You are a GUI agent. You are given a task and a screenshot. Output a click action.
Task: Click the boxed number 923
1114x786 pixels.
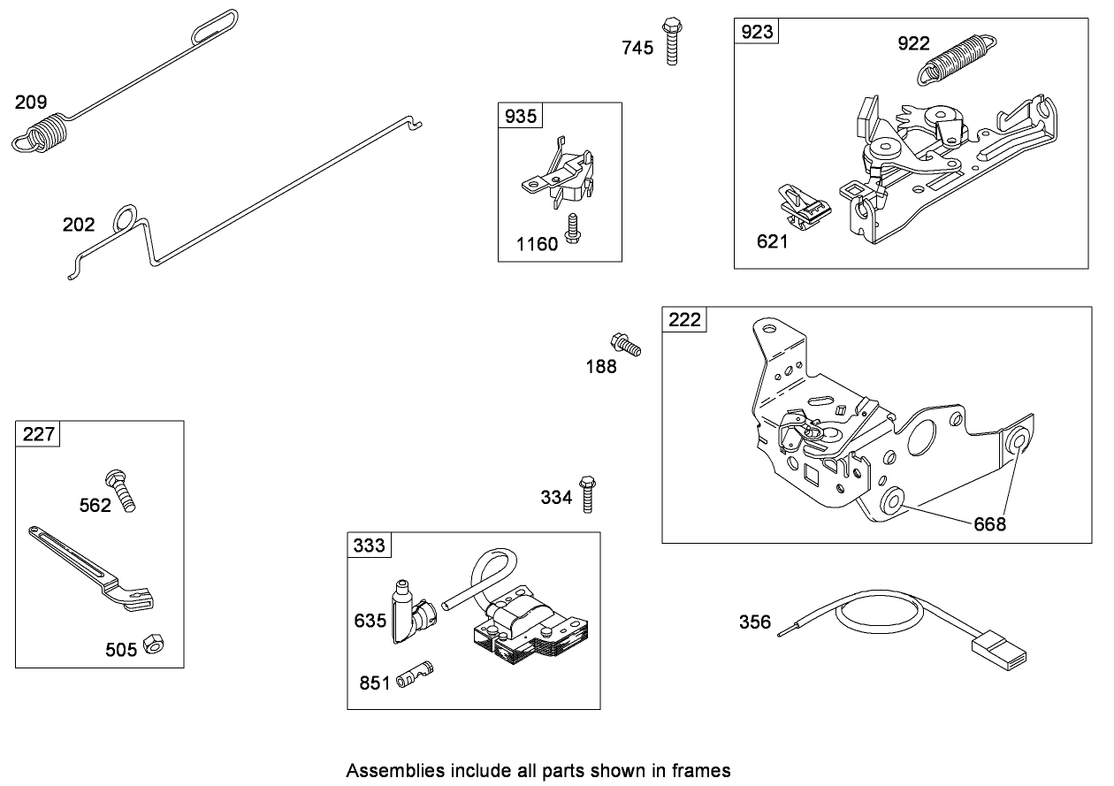coord(757,32)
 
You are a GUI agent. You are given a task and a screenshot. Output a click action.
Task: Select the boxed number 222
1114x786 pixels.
coord(684,320)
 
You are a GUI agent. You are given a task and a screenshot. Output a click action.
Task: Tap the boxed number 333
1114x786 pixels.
coord(369,546)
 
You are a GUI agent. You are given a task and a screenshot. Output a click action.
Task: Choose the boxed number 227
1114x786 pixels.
coord(38,434)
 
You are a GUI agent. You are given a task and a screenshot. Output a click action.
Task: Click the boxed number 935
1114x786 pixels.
coord(521,116)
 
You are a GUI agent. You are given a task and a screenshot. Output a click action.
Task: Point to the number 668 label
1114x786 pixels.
coord(989,524)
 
